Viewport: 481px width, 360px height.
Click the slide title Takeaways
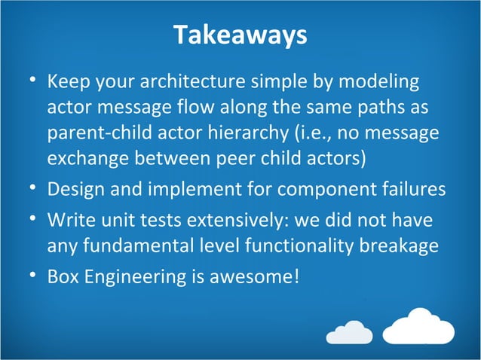click(240, 35)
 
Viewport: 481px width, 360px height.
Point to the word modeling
click(383, 81)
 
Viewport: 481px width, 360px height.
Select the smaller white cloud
click(349, 331)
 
